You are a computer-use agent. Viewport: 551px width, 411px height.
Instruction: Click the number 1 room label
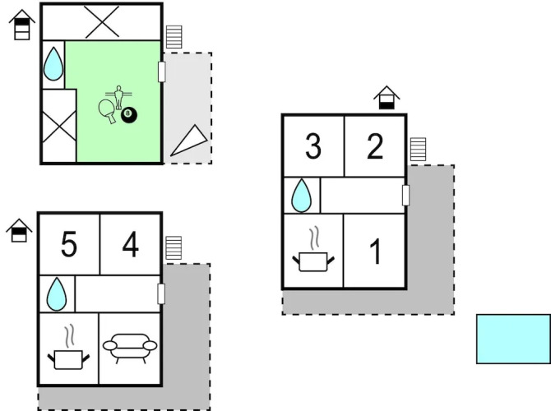tap(375, 252)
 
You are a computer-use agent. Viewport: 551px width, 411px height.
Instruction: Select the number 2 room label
tap(375, 147)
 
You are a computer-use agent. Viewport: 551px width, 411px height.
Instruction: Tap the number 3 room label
tap(313, 147)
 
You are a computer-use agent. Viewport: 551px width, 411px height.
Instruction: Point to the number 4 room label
tap(130, 245)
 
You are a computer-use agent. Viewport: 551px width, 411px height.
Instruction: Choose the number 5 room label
tap(69, 245)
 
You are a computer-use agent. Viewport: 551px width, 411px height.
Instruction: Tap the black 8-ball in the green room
tap(129, 116)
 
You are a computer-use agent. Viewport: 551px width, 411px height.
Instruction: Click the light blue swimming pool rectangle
tap(513, 338)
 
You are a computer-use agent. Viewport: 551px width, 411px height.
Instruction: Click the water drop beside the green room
tap(53, 64)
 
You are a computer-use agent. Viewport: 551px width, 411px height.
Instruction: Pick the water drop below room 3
tap(301, 196)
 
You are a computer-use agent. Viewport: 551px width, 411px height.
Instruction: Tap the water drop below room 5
tap(57, 293)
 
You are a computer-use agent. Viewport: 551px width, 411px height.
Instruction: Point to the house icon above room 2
tap(387, 99)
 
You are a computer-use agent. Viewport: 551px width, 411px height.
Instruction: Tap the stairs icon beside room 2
tap(419, 150)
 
